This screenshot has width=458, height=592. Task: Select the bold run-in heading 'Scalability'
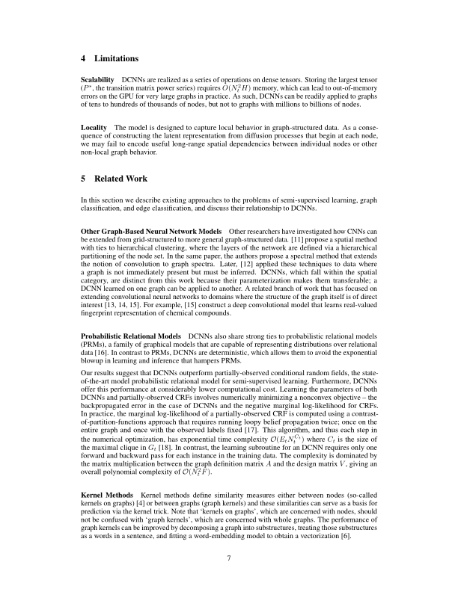coord(97,78)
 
